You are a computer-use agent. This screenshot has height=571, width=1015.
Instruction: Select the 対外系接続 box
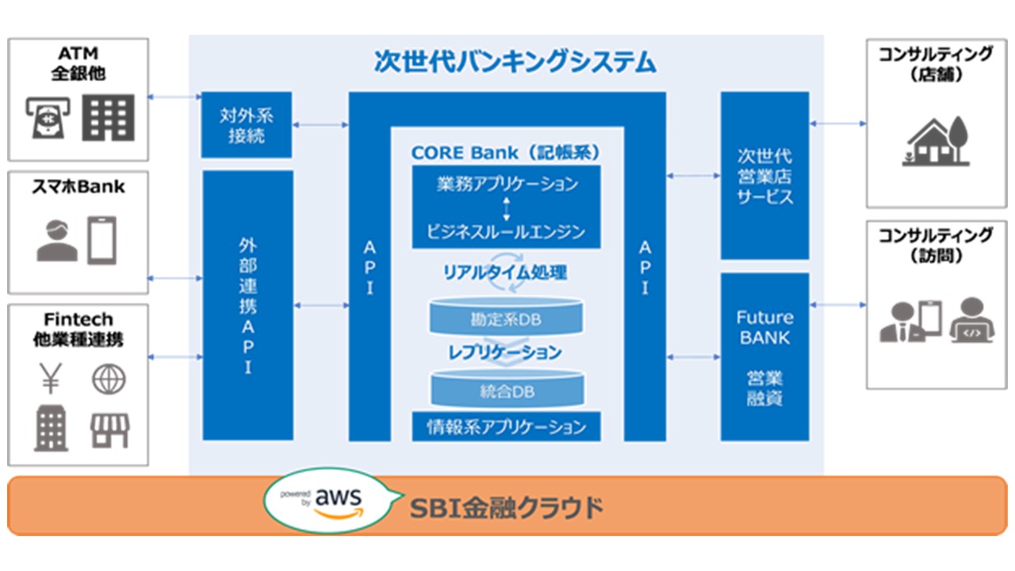[247, 125]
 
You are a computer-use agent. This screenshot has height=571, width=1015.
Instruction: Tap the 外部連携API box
[247, 305]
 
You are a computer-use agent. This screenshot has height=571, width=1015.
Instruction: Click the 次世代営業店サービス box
[764, 175]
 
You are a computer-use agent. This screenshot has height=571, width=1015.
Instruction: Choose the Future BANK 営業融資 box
[764, 357]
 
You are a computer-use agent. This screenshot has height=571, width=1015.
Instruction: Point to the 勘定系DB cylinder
[507, 317]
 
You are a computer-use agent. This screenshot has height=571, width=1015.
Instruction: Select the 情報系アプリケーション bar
[507, 427]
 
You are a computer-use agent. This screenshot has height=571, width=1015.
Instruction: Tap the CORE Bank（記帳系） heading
[506, 151]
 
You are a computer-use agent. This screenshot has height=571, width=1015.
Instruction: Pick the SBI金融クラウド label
[506, 507]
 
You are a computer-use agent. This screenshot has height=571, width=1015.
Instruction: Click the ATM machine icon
[47, 118]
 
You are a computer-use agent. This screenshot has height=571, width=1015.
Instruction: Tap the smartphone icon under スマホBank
[101, 240]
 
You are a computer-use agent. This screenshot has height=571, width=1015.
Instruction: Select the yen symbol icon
[51, 379]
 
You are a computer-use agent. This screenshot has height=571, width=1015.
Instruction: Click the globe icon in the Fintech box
[109, 379]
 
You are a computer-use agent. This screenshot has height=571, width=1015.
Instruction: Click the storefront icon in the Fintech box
[109, 429]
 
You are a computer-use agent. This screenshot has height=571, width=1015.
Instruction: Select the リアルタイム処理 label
[506, 273]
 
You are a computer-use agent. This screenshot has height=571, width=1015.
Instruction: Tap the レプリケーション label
[506, 351]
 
